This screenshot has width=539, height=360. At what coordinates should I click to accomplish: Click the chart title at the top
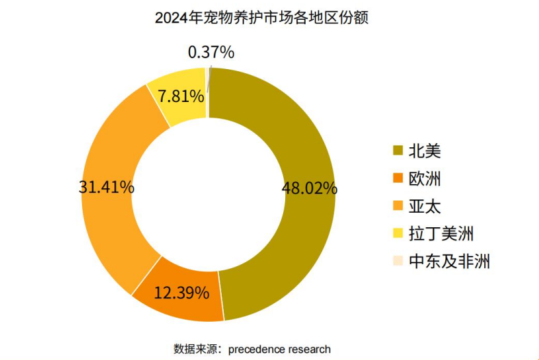[x=261, y=18]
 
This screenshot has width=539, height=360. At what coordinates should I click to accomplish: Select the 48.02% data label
[x=309, y=188]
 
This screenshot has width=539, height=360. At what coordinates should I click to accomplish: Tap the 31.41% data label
[x=107, y=187]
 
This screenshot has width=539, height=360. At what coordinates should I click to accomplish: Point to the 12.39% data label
[x=181, y=293]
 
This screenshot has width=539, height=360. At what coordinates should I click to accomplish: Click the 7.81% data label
[x=181, y=96]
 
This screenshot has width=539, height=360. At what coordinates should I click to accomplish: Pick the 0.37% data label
[x=211, y=52]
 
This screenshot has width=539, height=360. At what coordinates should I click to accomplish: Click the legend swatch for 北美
[x=397, y=151]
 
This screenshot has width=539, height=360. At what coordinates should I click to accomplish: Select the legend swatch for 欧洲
[x=397, y=178]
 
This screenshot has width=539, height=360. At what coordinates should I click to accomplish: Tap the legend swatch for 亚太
[x=397, y=205]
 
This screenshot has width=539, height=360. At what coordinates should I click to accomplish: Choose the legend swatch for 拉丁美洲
[x=397, y=233]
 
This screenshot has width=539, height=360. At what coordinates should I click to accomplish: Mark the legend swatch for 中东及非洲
[x=397, y=261]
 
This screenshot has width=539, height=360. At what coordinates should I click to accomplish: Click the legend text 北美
[x=425, y=151]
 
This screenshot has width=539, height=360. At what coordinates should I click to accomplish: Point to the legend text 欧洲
[x=425, y=179]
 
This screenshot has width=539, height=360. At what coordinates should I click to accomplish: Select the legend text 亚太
[x=425, y=206]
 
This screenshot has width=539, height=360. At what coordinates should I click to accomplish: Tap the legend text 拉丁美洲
[x=441, y=234]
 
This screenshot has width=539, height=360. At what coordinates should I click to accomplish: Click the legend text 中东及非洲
[x=449, y=261]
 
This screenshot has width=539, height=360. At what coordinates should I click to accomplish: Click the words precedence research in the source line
[x=280, y=349]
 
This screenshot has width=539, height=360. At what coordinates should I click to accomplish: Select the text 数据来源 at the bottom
[x=196, y=349]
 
